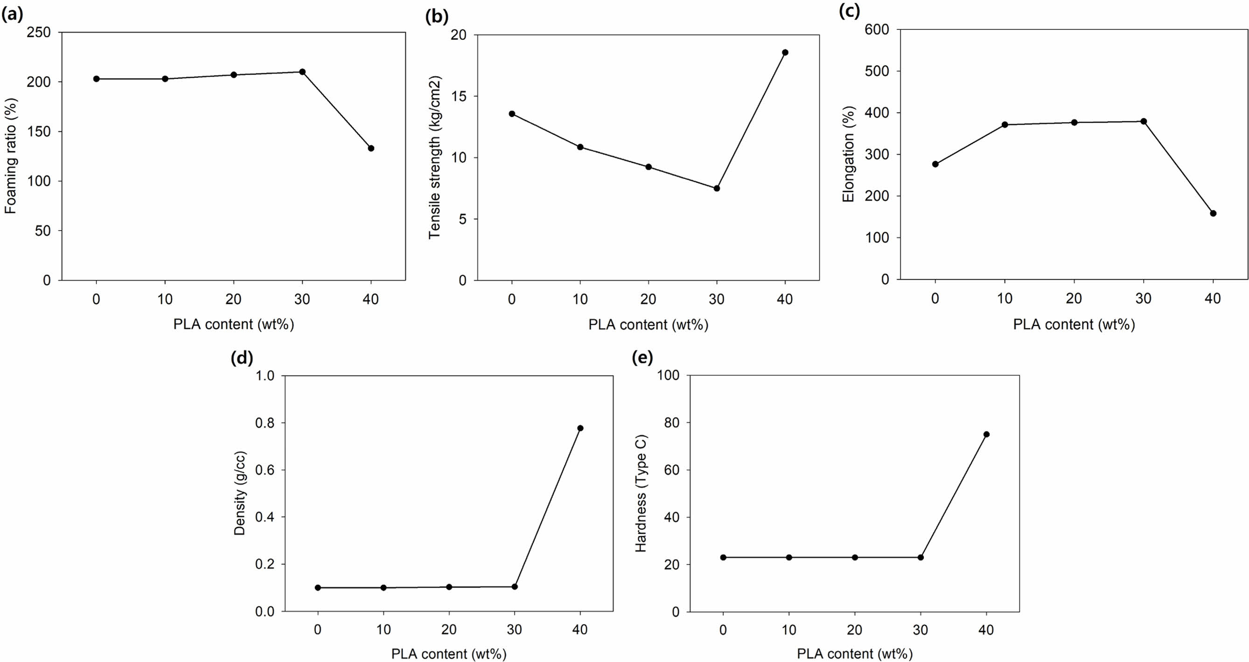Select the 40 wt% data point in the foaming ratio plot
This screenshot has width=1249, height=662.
(371, 148)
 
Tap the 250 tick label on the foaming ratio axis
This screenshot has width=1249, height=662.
(40, 33)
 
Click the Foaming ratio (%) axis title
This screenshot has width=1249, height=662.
(11, 156)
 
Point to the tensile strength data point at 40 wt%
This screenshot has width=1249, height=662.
(785, 52)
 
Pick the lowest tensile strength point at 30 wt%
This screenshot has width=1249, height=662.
(717, 188)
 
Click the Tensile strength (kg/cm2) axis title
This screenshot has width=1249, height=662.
(434, 157)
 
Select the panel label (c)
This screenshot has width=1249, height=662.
(849, 12)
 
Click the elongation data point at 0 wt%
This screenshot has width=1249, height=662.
(935, 164)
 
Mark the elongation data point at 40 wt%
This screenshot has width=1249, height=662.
(1213, 213)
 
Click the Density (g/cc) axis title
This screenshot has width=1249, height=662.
(240, 493)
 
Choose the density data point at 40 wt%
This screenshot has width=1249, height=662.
(580, 428)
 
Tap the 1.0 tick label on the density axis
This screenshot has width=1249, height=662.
(264, 376)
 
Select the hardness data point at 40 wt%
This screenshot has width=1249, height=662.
(986, 434)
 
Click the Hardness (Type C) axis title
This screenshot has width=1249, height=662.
(641, 493)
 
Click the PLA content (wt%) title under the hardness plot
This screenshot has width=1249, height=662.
(854, 654)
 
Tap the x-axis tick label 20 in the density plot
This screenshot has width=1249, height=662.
(449, 629)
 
